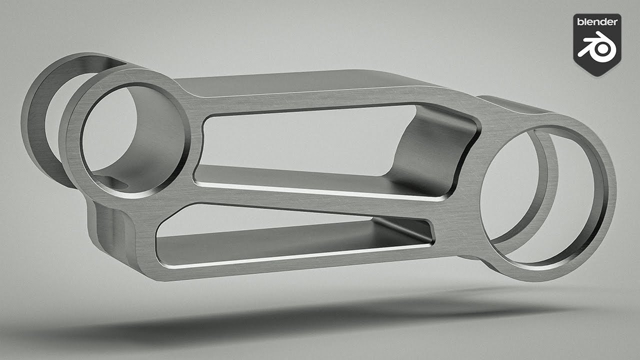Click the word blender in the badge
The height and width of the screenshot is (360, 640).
pyautogui.click(x=597, y=22)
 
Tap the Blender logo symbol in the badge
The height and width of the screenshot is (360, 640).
pyautogui.click(x=597, y=47)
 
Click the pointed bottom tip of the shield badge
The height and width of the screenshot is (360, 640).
pyautogui.click(x=597, y=76)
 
